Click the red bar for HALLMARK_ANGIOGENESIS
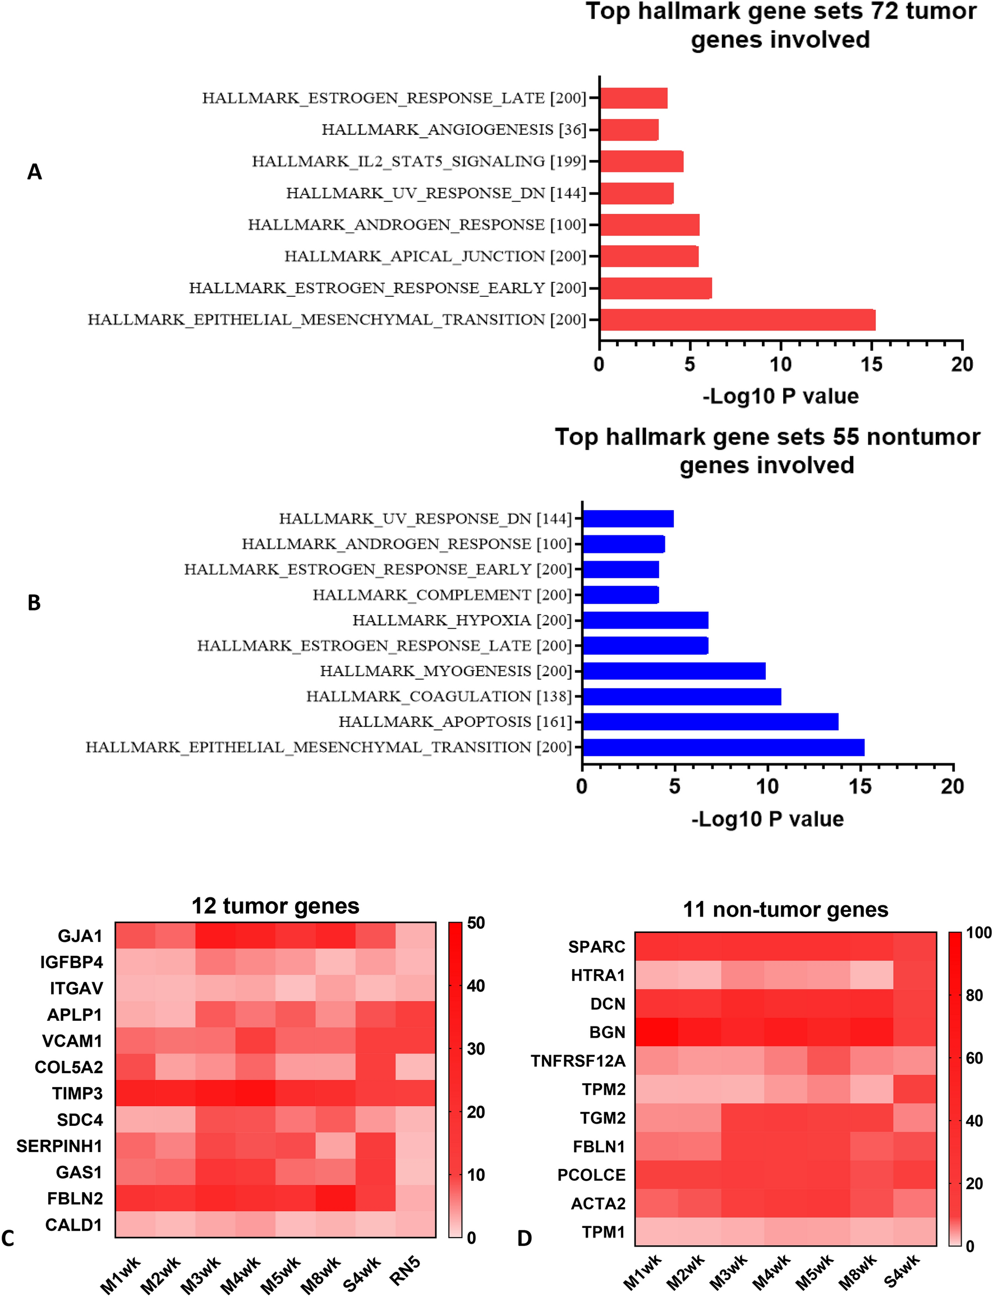click(629, 130)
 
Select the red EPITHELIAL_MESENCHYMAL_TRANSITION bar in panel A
click(737, 320)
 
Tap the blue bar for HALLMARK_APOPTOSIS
click(710, 722)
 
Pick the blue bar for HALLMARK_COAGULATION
click(682, 696)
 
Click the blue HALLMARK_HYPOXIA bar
click(645, 620)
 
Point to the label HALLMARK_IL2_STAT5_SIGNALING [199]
click(419, 162)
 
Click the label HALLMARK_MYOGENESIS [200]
click(445, 671)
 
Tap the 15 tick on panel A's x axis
click(871, 365)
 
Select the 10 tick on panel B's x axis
click(767, 787)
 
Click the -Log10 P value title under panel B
click(767, 819)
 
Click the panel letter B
click(34, 603)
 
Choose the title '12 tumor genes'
click(275, 906)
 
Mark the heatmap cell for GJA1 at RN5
click(415, 936)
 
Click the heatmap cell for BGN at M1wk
click(656, 1032)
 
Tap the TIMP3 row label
click(77, 1094)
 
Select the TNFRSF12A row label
click(577, 1061)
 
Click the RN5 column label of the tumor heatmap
click(406, 1271)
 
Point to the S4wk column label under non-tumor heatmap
click(902, 1271)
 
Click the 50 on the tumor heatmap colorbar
click(476, 923)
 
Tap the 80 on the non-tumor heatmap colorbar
click(974, 996)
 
